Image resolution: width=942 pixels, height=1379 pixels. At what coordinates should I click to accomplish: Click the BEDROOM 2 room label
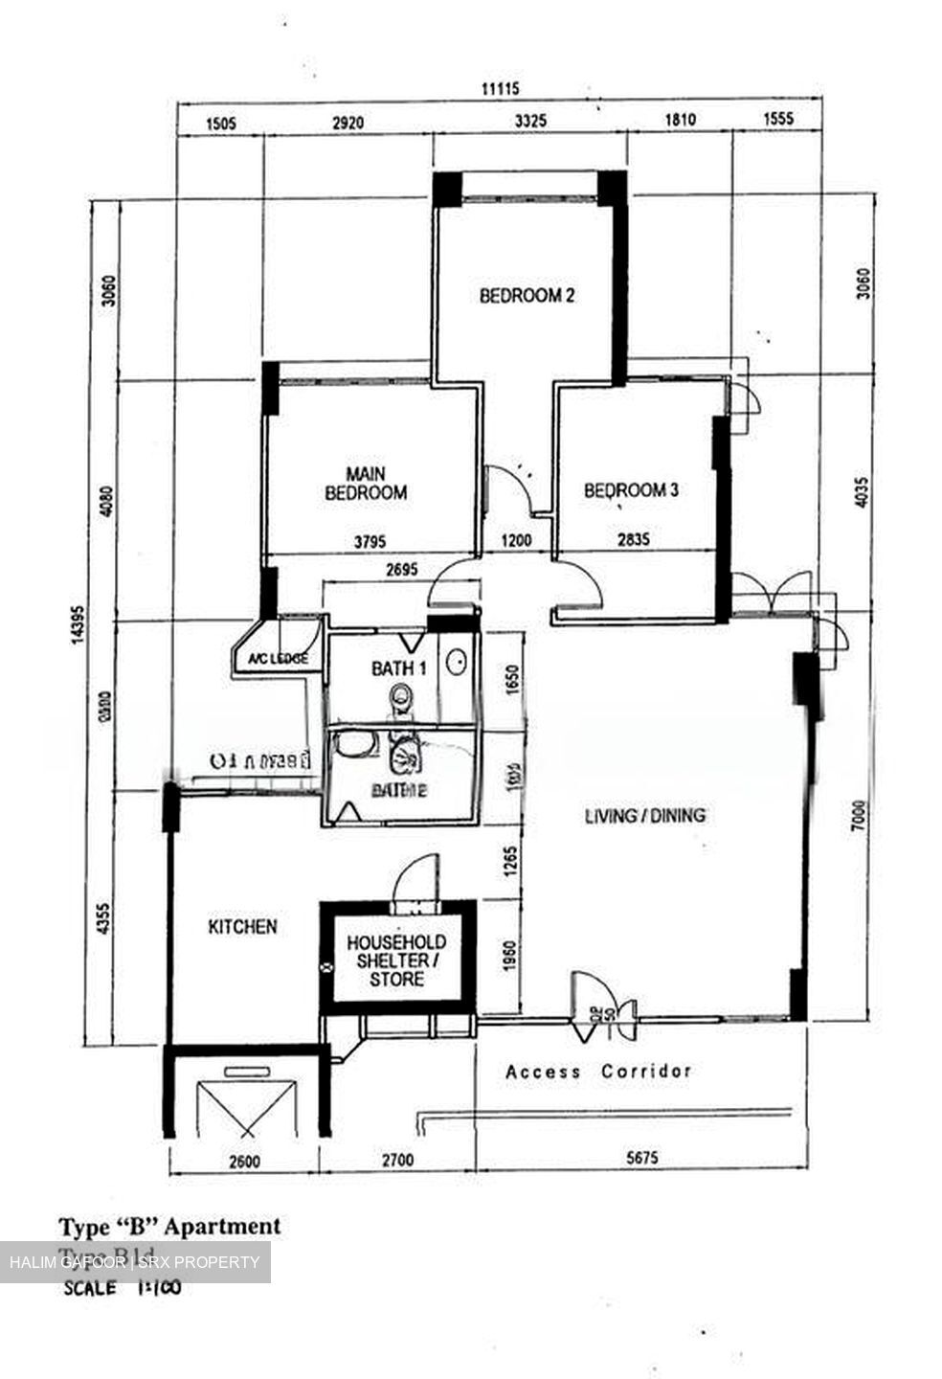pos(527,295)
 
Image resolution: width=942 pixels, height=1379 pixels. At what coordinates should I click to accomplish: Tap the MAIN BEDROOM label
pos(366,484)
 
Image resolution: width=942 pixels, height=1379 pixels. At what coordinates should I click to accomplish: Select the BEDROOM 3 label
pos(631,490)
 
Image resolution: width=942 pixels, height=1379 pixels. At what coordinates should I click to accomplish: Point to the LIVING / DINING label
pos(645,815)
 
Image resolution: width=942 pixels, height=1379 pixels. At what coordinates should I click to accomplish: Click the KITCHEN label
pos(243,926)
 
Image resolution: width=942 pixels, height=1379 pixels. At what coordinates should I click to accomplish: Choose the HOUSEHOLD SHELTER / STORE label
pos(396,961)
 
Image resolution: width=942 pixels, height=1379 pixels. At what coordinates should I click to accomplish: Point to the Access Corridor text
pos(598,1071)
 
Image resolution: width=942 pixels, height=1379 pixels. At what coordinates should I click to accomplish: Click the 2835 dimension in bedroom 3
pos(633,540)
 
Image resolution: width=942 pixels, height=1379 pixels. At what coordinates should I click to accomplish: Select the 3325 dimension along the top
pos(530,121)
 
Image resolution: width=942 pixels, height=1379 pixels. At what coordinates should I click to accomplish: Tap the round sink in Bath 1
pos(458,662)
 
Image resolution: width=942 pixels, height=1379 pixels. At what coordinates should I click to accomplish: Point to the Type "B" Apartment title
pos(170,1226)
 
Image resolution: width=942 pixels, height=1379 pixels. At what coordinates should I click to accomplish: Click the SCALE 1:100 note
pos(122,1287)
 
